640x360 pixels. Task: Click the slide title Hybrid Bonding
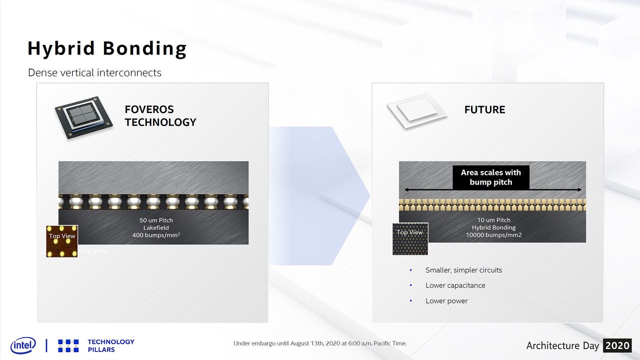(x=107, y=48)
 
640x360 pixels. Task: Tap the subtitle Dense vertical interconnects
(x=94, y=73)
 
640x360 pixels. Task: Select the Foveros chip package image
(x=83, y=117)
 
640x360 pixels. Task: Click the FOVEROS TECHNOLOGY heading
(x=160, y=115)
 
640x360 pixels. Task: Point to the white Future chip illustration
(x=417, y=111)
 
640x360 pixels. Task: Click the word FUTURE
(x=484, y=109)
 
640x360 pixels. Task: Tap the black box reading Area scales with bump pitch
(x=491, y=177)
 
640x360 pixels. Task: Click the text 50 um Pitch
(x=156, y=220)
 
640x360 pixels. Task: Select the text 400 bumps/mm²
(x=156, y=235)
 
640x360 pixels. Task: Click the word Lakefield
(x=156, y=227)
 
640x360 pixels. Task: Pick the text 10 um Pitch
(x=493, y=220)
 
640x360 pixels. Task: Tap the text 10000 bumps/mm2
(x=493, y=235)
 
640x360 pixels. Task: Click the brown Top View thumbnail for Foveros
(x=62, y=241)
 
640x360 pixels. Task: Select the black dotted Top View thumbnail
(x=410, y=239)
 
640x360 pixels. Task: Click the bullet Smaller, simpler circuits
(x=463, y=270)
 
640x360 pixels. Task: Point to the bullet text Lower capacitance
(x=455, y=285)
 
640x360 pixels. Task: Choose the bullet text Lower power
(x=446, y=301)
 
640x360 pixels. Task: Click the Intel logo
(x=23, y=345)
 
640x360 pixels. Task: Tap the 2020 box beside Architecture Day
(x=617, y=345)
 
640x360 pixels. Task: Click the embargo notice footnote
(x=320, y=343)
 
